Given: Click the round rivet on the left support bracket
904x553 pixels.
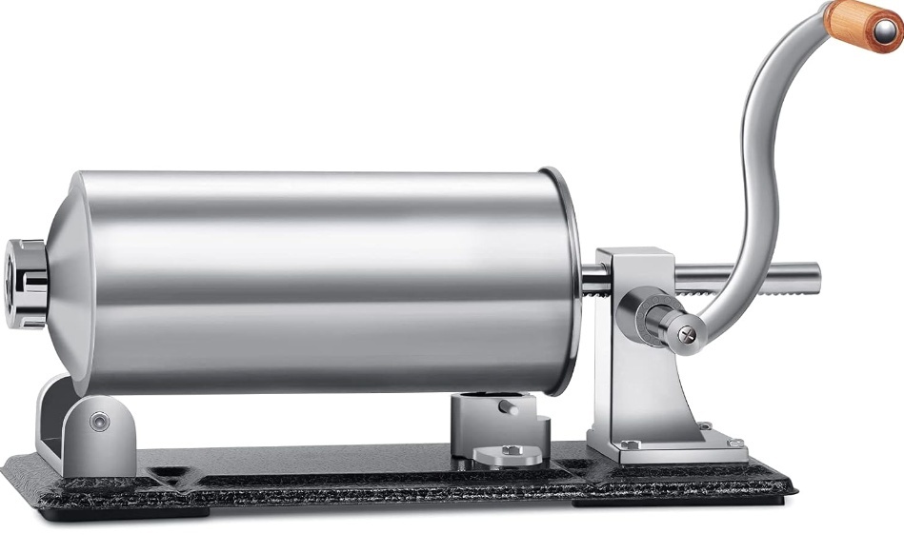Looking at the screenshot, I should click(99, 421).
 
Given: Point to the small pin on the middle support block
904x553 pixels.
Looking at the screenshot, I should click(511, 406).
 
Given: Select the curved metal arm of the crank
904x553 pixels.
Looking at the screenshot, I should click(753, 190).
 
